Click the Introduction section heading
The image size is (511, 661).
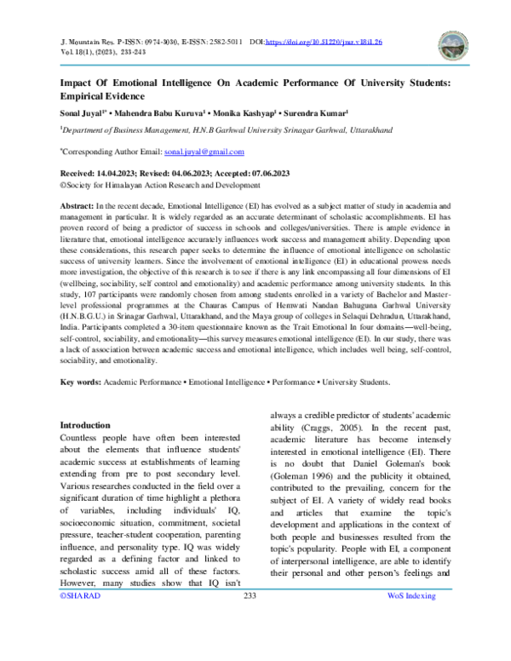click(84, 424)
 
